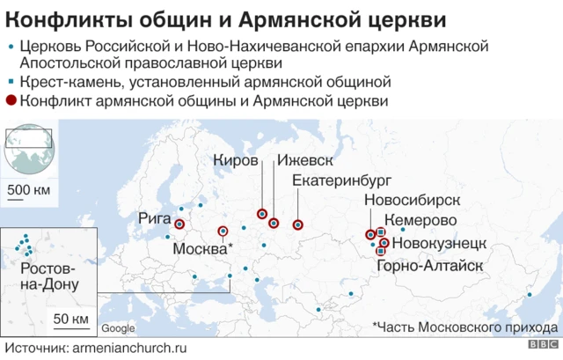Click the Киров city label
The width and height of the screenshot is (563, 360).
[236, 162]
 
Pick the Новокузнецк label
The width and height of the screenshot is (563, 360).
[437, 242]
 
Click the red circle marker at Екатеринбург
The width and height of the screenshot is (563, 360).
[297, 224]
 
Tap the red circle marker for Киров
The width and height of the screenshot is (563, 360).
[262, 214]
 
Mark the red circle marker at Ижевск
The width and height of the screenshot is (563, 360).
[274, 223]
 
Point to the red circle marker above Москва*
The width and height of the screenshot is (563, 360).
[223, 232]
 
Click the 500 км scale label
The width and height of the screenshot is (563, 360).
[28, 191]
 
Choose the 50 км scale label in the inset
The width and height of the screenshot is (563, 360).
[69, 318]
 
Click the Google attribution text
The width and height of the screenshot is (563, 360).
[118, 329]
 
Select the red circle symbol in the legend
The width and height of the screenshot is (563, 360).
[11, 102]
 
